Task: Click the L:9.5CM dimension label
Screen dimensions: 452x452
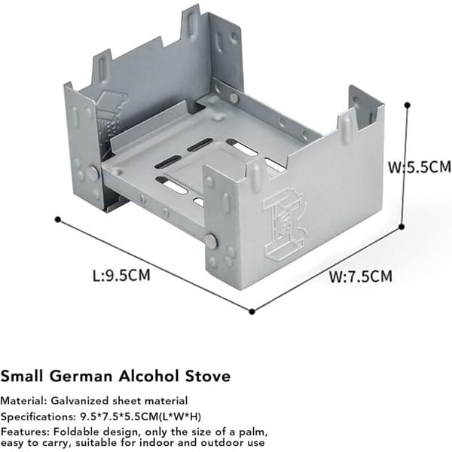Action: (121, 275)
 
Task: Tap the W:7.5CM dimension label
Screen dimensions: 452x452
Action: (361, 276)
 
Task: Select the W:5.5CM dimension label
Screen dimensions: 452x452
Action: (420, 167)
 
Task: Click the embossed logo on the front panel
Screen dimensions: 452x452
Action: (284, 224)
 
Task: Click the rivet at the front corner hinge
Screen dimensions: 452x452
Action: (211, 240)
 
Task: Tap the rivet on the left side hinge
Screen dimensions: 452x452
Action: (93, 173)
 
